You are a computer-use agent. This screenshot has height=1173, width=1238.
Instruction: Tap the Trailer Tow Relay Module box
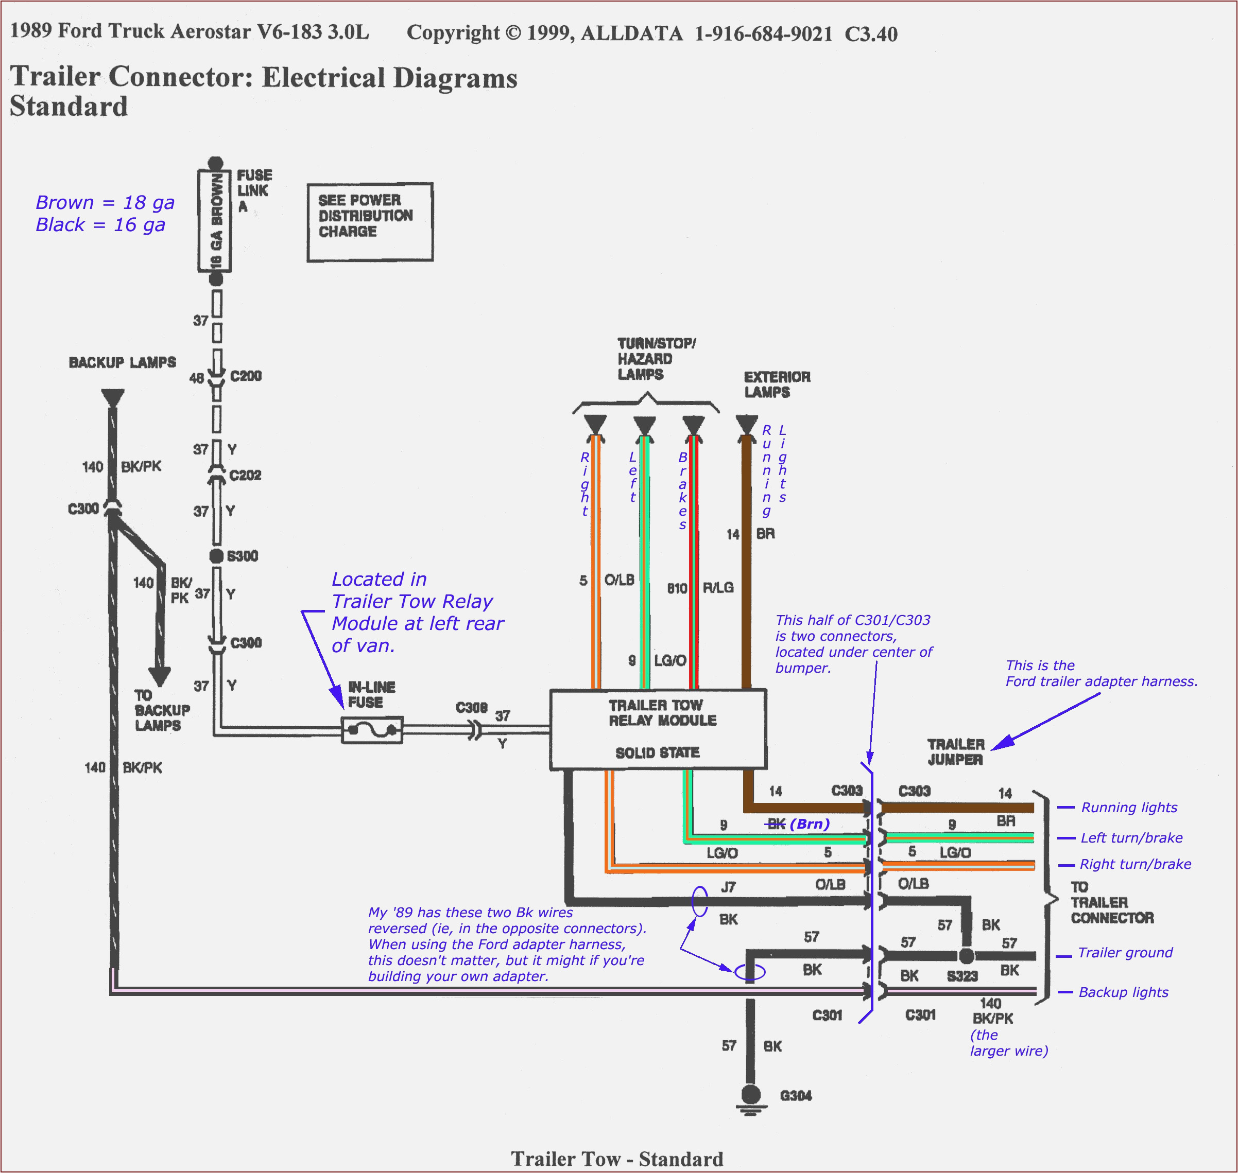658,729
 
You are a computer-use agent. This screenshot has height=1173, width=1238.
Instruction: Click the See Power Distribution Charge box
370,222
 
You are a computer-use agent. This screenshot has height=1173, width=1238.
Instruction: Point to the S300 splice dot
216,556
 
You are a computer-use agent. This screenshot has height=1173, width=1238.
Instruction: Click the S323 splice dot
967,956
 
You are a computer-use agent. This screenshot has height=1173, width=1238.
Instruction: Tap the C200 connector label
246,376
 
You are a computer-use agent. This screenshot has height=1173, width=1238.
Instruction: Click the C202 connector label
245,475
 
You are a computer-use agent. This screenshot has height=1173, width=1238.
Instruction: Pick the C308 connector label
471,707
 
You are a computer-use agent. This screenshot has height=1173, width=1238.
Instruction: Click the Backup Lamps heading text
123,363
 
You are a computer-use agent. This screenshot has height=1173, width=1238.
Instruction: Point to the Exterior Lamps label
777,384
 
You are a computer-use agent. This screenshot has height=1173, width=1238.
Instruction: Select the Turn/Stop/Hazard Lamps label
656,359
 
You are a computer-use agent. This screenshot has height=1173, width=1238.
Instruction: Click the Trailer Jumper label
955,751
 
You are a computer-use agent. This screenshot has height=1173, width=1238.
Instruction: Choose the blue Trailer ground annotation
1125,953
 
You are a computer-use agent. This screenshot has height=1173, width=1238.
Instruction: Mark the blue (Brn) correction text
810,824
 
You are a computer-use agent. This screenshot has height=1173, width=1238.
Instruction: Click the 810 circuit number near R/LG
677,588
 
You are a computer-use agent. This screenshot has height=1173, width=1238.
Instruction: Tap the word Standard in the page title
69,107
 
